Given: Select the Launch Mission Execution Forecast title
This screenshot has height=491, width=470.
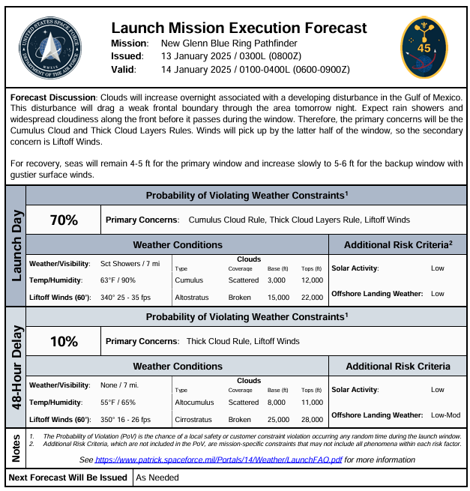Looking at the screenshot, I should [239, 28].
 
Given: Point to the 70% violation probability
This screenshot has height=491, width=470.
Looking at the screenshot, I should [64, 220].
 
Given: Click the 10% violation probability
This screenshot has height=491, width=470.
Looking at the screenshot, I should [64, 341].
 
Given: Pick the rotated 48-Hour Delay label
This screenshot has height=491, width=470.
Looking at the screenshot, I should [16, 366].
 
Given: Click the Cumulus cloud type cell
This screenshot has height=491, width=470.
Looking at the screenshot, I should [190, 280].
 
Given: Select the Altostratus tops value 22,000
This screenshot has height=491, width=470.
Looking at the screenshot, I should [312, 298].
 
